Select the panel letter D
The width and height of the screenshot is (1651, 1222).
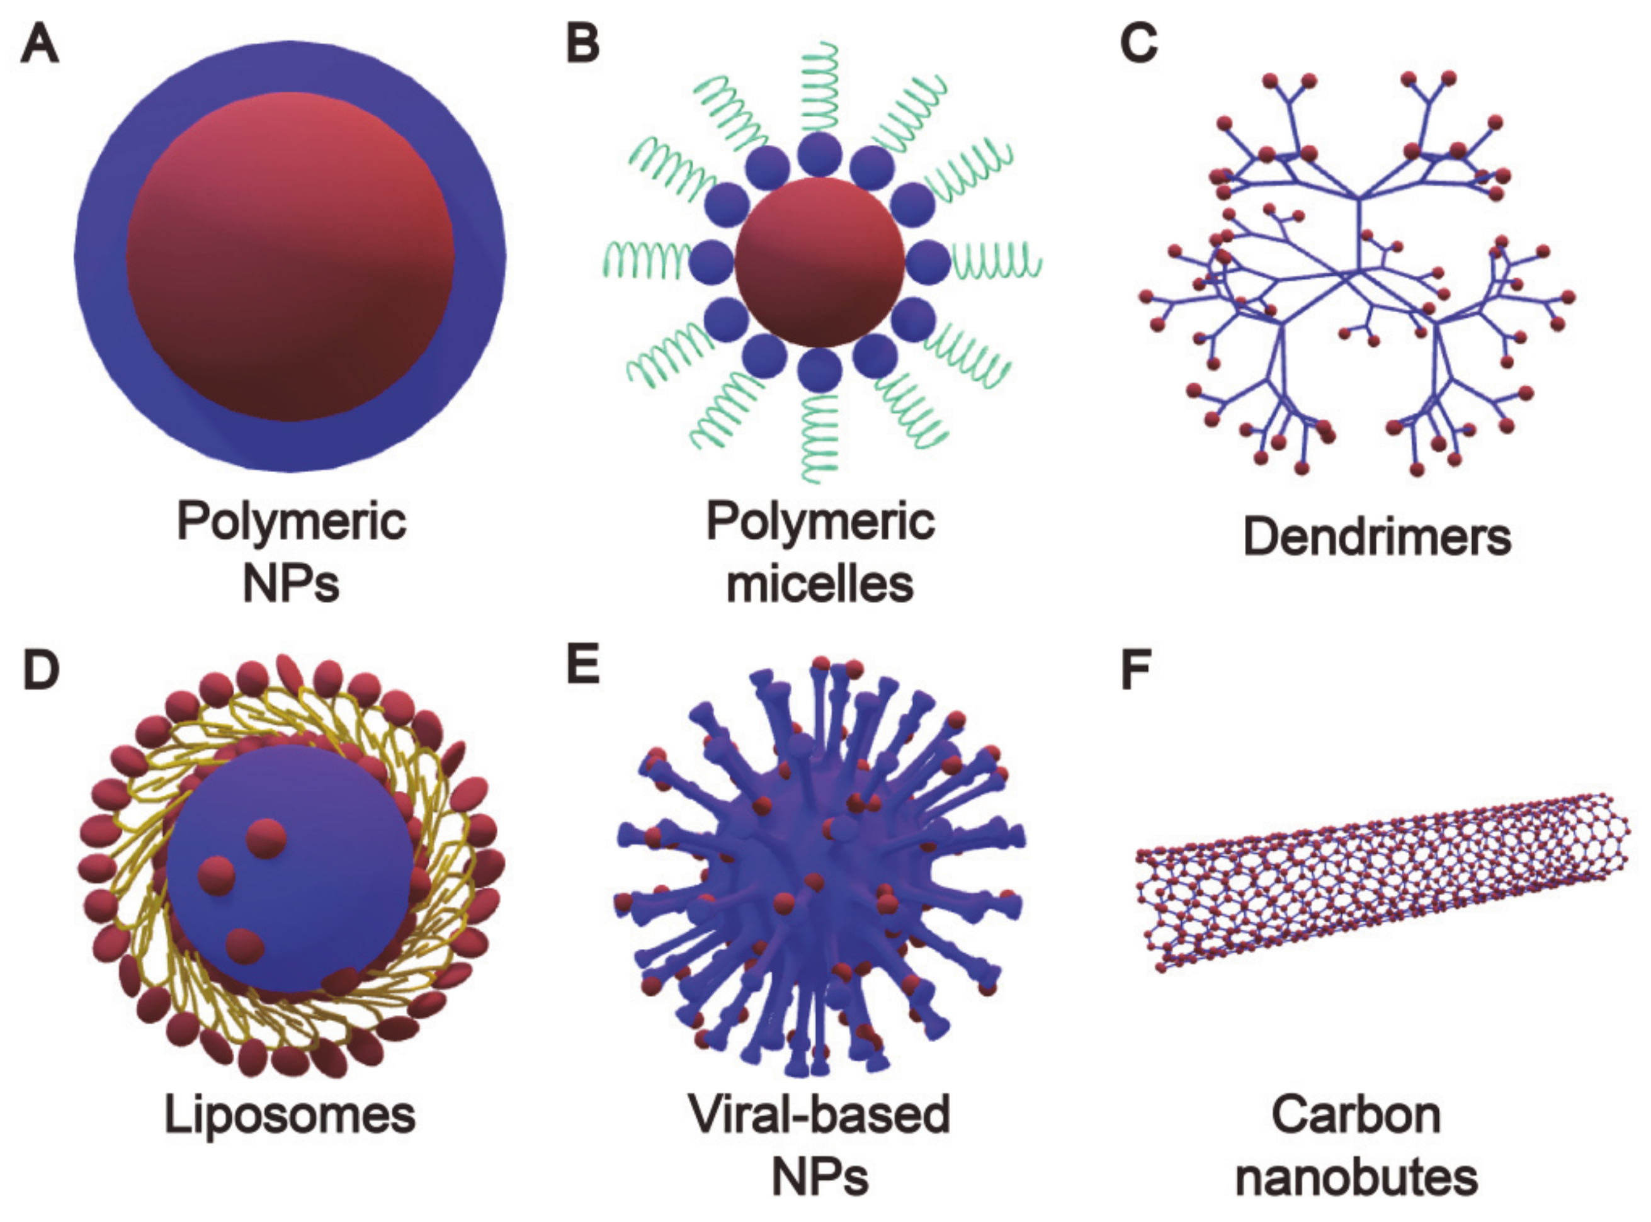click(x=41, y=669)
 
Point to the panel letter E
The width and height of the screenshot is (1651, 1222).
click(x=582, y=665)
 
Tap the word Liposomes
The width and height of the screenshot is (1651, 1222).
click(x=289, y=1115)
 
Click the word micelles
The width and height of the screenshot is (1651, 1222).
click(x=820, y=584)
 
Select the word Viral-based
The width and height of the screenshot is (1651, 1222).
click(x=820, y=1115)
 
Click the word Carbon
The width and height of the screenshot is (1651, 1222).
click(x=1356, y=1115)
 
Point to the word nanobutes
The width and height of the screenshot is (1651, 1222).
click(x=1356, y=1178)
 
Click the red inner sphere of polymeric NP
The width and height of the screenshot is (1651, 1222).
click(x=289, y=257)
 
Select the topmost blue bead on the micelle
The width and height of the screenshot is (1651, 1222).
click(x=820, y=154)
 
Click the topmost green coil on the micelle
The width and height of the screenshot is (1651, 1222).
click(x=820, y=85)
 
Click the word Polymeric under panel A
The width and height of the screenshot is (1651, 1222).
click(x=291, y=521)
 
